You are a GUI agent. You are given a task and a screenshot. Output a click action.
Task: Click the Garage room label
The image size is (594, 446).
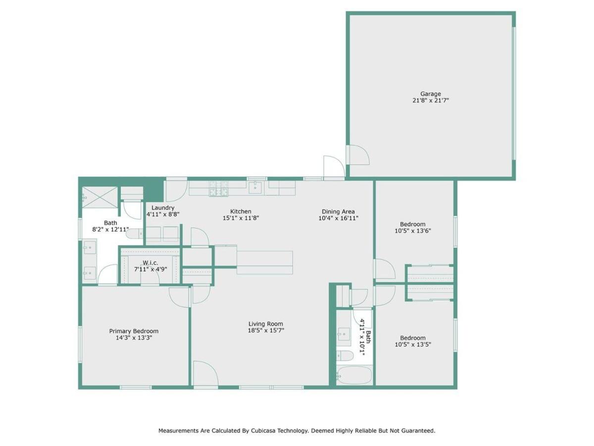point(430,94)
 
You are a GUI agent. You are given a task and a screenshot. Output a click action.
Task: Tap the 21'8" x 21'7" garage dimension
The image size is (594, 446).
point(431,101)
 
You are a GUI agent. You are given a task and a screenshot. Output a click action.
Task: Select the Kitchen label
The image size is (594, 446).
point(241,211)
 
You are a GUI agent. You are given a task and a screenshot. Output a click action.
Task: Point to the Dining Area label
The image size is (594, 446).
point(338,212)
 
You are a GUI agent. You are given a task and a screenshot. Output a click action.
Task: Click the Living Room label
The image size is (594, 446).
point(266,324)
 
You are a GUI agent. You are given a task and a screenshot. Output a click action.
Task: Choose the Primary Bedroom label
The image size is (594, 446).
point(134,331)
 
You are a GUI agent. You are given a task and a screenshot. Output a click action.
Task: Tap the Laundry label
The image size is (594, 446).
point(163,208)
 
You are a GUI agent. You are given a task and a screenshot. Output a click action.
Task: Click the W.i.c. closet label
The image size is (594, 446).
point(150,263)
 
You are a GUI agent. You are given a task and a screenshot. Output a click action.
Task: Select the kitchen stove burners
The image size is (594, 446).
point(218,188)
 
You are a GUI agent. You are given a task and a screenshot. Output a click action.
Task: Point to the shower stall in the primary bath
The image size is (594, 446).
point(100,197)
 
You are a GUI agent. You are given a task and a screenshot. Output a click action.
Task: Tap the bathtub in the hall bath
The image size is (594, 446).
point(354,375)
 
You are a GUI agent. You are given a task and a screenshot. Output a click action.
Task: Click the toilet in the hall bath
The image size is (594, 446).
point(345,355)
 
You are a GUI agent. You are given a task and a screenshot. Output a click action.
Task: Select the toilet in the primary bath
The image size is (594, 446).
point(135,233)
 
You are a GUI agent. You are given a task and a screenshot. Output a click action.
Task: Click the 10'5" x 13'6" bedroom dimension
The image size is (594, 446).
point(413,231)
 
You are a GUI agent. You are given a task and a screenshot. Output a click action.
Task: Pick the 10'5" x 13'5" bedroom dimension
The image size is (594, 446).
point(413,345)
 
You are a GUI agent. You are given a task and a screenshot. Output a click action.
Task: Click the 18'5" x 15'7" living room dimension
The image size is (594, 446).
point(266,331)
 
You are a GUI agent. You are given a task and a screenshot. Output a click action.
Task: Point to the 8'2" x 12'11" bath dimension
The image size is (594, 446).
point(110,229)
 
